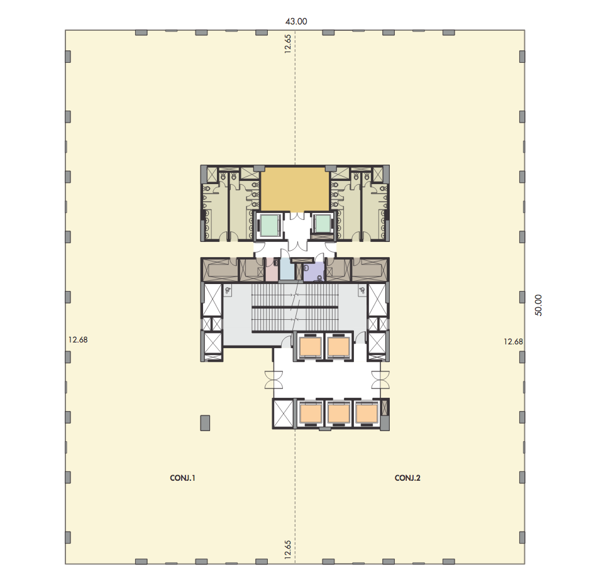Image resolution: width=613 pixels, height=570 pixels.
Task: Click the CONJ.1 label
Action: (x=182, y=478)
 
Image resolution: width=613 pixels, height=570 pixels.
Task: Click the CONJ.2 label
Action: (x=407, y=478)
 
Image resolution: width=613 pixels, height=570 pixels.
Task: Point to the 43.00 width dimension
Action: (x=296, y=21)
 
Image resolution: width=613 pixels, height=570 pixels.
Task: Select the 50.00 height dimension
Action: (x=538, y=305)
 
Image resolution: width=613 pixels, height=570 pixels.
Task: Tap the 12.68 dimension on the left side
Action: (x=78, y=339)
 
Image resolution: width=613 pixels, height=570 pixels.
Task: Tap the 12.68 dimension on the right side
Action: (x=513, y=341)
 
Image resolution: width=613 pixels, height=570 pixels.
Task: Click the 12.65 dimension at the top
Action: (x=288, y=44)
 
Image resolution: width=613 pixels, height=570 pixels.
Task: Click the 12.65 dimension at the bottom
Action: (x=288, y=550)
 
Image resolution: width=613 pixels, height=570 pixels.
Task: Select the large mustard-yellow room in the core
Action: (x=295, y=190)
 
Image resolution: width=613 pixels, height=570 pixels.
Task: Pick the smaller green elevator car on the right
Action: (x=323, y=224)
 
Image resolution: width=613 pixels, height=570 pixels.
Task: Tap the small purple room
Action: (x=314, y=271)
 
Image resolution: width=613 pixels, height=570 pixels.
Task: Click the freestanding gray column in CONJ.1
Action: (x=205, y=423)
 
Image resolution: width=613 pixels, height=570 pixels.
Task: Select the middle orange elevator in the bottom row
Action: (x=338, y=414)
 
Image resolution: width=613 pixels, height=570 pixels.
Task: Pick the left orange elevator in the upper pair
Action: (x=311, y=346)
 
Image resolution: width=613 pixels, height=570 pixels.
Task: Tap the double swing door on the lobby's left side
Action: (x=273, y=380)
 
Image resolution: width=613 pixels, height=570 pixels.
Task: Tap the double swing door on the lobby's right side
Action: (x=380, y=380)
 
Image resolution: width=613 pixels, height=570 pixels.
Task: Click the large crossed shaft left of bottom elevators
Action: (x=284, y=414)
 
